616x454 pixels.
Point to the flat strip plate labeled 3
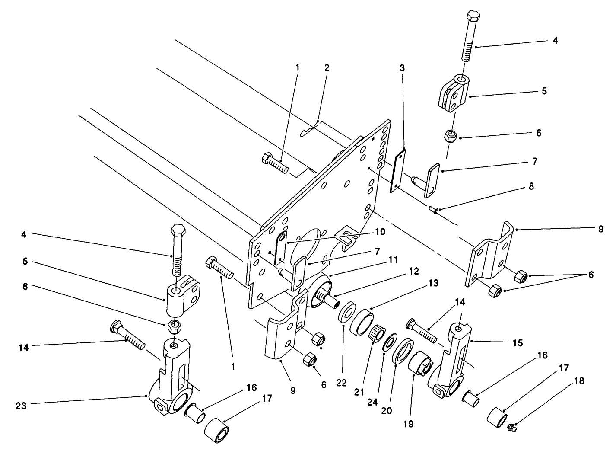click(x=398, y=170)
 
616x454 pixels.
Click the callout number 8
click(x=531, y=186)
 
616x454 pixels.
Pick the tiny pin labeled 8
click(x=434, y=210)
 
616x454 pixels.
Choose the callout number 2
click(x=327, y=67)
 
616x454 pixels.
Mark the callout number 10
click(x=380, y=232)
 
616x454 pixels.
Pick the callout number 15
click(x=517, y=343)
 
